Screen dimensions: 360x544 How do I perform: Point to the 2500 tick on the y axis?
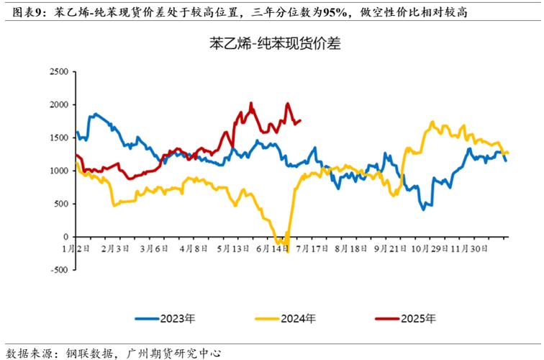pos(58,71)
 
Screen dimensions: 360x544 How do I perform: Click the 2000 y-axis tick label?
pos(58,104)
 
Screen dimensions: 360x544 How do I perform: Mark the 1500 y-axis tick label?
pos(58,138)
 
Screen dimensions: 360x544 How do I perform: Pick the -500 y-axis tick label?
pos(58,270)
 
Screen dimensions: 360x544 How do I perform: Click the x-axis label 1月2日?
pos(76,248)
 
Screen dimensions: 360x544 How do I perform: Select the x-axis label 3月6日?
pos(153,248)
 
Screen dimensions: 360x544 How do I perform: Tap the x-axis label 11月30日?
pos(468,248)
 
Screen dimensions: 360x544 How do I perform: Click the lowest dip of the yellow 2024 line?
pos(287,251)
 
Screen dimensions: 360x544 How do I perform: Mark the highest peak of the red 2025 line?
pos(251,103)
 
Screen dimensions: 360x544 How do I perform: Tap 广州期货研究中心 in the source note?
pos(173,353)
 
